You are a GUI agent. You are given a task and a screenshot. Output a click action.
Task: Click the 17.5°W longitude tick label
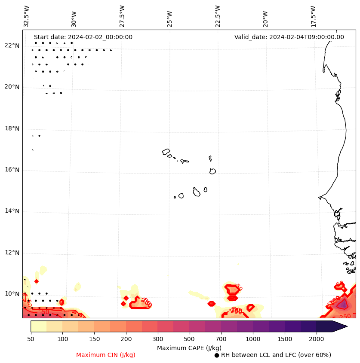313,16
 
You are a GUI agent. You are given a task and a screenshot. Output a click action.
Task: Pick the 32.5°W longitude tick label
27,16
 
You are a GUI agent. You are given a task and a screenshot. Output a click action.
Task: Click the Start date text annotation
83,37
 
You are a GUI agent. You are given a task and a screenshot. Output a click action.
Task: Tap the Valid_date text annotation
289,37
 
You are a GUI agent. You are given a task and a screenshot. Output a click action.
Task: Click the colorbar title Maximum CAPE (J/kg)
189,348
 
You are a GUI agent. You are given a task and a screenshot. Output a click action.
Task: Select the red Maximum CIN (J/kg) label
106,355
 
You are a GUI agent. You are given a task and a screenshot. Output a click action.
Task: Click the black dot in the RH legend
217,355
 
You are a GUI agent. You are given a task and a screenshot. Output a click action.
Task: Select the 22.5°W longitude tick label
218,16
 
